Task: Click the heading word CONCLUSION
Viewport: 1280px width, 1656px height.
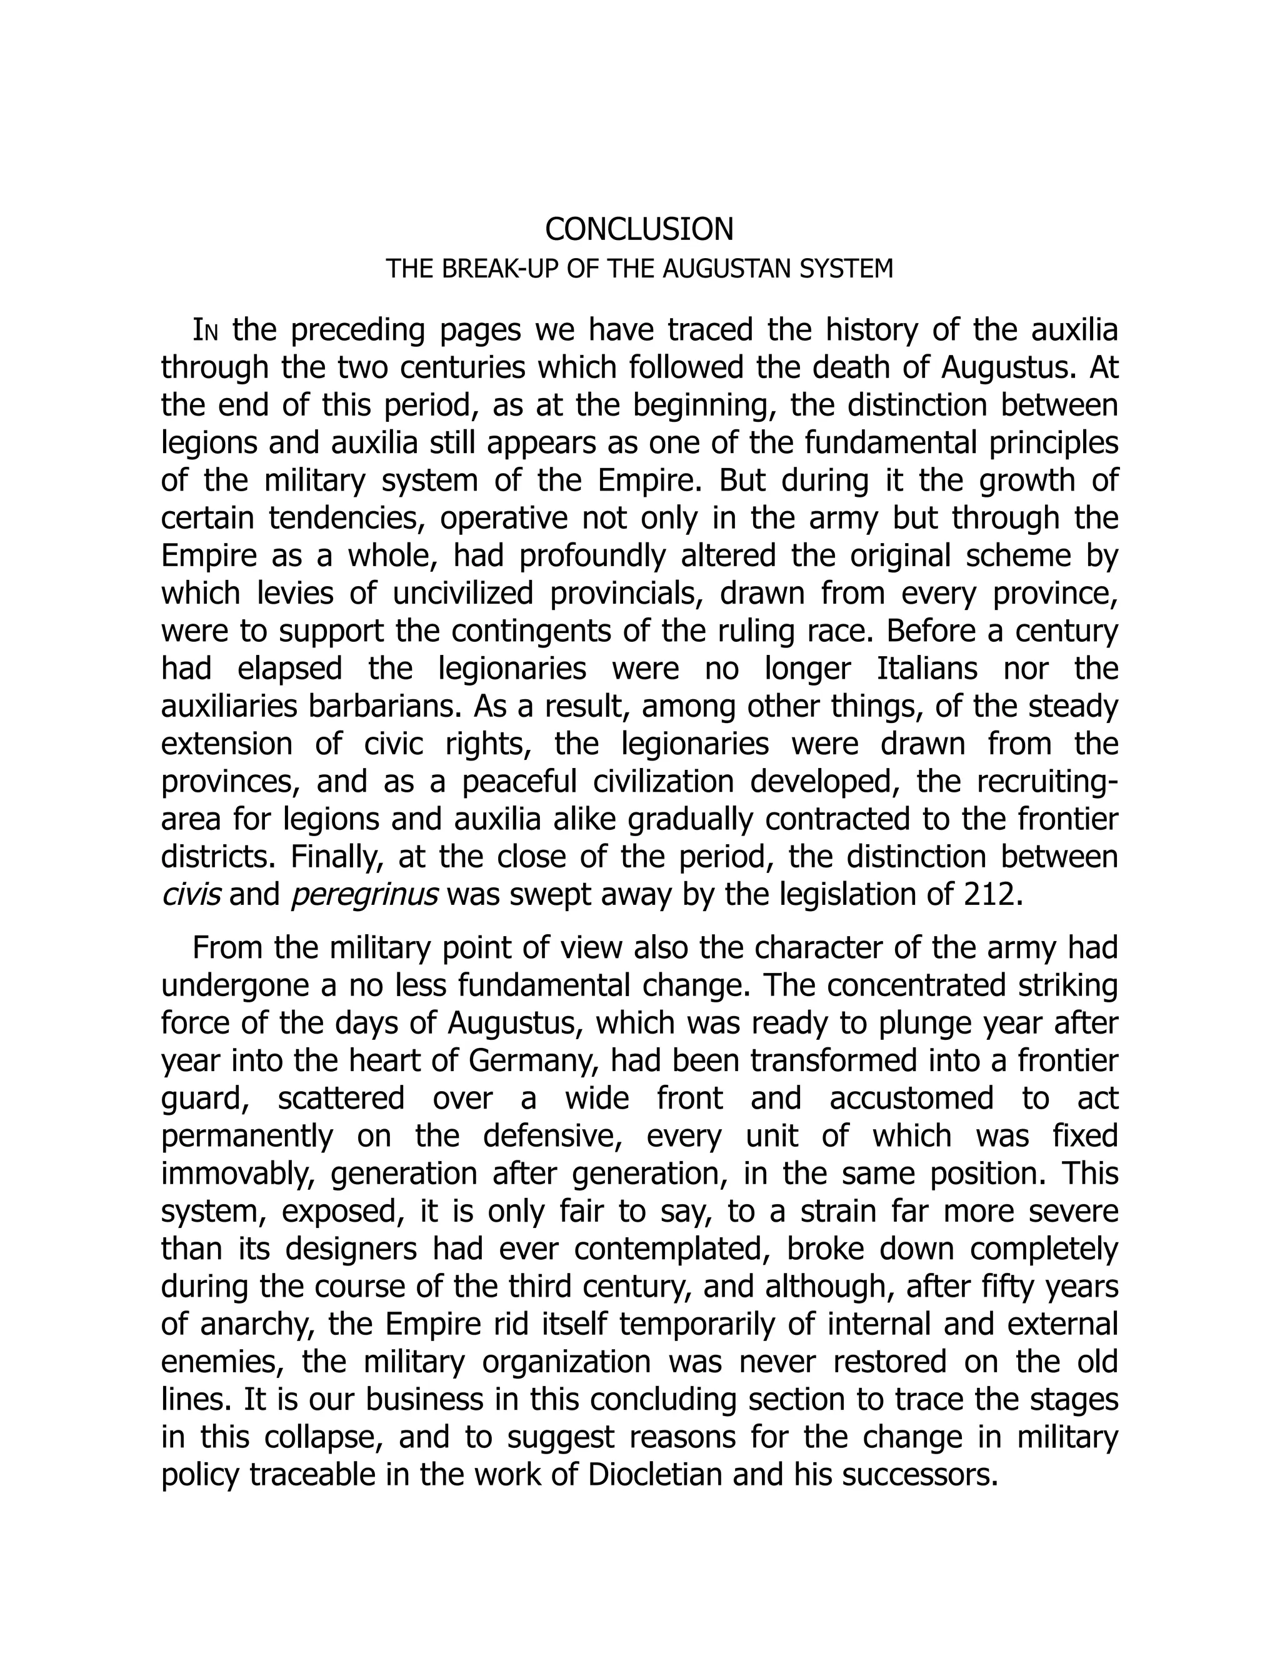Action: coord(639,229)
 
